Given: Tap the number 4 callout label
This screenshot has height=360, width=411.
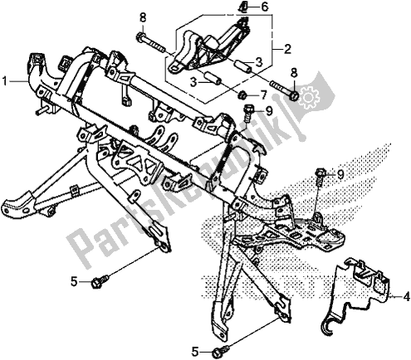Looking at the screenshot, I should [x=406, y=294].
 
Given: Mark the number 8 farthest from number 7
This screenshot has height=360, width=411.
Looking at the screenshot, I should [x=142, y=18].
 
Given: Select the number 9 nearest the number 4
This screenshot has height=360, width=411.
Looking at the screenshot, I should [x=340, y=173].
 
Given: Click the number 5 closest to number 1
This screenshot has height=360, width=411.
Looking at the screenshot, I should [x=74, y=282].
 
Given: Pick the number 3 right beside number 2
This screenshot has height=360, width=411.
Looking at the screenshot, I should [x=260, y=62].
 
